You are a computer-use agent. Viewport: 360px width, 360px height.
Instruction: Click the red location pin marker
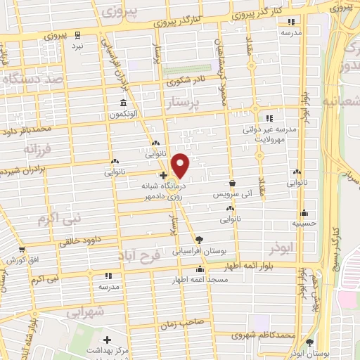181,165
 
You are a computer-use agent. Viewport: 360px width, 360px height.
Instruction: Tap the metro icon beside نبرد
78,34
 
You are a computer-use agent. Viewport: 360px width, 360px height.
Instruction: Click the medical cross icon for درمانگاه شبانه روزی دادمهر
163,175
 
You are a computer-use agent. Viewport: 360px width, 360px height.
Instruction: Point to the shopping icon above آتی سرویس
232,182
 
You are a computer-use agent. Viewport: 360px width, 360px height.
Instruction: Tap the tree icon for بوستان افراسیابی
199,240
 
